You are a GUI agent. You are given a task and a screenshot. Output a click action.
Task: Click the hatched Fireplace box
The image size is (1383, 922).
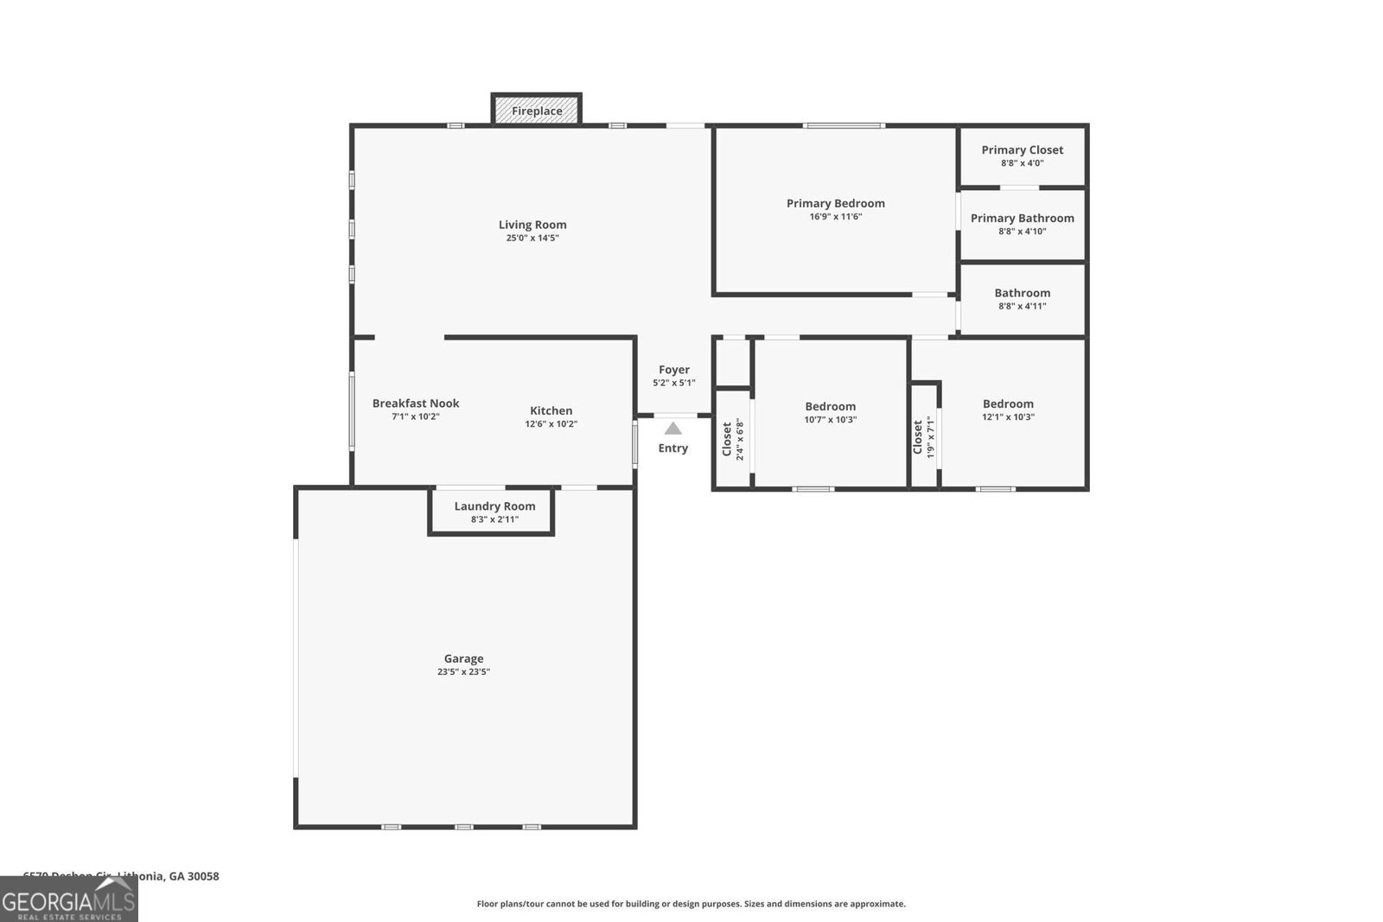[537, 110]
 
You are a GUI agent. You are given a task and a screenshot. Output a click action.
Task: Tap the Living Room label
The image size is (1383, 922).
[532, 225]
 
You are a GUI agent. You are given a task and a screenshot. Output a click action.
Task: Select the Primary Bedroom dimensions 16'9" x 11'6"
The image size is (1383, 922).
[835, 217]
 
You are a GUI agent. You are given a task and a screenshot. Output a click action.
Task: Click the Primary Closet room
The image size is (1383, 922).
[1023, 156]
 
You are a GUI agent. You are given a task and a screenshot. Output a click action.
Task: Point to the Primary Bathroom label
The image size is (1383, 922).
[1022, 218]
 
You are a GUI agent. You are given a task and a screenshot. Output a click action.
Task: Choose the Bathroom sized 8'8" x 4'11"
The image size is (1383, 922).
[1023, 299]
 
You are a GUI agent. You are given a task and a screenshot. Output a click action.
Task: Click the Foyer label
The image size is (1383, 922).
[674, 370]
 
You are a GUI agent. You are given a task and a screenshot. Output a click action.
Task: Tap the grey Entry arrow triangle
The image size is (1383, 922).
[673, 428]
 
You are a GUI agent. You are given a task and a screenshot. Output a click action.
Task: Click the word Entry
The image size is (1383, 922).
[673, 448]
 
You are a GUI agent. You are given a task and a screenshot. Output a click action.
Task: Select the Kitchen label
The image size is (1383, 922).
[551, 410]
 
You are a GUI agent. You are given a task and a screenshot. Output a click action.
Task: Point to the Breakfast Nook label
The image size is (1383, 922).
[416, 403]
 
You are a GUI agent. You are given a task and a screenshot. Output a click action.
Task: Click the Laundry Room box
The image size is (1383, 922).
[494, 512]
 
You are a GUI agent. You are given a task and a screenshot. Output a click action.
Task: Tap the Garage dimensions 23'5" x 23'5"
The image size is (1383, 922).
[463, 671]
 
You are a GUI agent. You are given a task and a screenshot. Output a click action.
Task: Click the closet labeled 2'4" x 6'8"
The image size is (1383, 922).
[731, 439]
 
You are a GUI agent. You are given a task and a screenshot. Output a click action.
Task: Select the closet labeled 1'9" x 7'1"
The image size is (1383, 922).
[924, 437]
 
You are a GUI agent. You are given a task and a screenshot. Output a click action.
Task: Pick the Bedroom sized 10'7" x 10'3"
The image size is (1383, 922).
[830, 412]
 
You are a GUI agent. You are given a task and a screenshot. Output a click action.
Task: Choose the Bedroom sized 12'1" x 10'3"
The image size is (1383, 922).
[1008, 410]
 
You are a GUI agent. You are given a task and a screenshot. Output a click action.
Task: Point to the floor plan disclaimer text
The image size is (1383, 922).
[691, 904]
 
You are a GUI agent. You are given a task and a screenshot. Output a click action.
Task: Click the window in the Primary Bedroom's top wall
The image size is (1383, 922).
[844, 126]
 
